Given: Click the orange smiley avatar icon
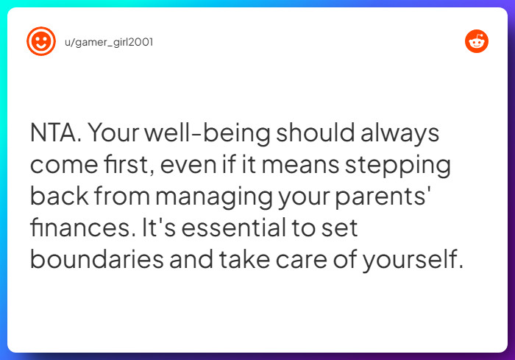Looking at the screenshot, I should pyautogui.click(x=40, y=41).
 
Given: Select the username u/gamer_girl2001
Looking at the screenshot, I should pyautogui.click(x=109, y=42).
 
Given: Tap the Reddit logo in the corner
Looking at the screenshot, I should pyautogui.click(x=477, y=42).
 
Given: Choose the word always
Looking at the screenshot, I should pyautogui.click(x=404, y=134).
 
